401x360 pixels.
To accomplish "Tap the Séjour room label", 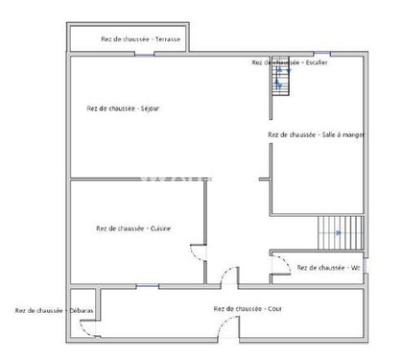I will [x=123, y=108].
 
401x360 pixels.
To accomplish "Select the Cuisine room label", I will [x=133, y=228].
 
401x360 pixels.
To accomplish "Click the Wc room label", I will [x=328, y=267].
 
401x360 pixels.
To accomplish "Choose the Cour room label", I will [x=248, y=308].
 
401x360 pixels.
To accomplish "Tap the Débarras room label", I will [x=54, y=310].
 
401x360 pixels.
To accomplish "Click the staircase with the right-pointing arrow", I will [x=341, y=232].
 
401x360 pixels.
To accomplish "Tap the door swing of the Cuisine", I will [x=198, y=255].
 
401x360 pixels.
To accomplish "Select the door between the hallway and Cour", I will [x=229, y=277].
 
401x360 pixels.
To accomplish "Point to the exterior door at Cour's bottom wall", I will [x=227, y=336].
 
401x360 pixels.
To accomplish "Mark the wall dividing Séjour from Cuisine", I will [x=134, y=180].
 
